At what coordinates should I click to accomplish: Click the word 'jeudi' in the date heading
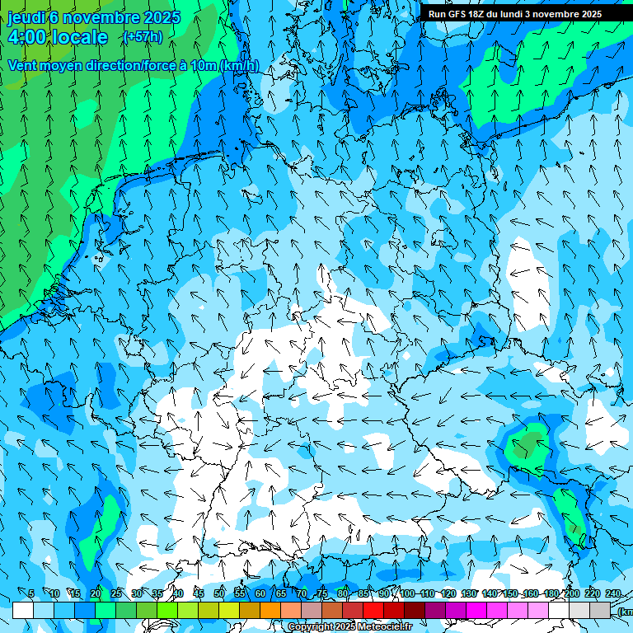[27, 17]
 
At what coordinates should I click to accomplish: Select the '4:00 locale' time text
[58, 37]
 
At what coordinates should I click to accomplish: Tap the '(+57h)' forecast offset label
[143, 37]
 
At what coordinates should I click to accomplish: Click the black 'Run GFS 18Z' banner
[515, 14]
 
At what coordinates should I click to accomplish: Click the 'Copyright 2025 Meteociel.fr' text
[349, 627]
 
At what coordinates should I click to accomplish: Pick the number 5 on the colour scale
[31, 593]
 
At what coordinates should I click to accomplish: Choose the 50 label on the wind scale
[218, 593]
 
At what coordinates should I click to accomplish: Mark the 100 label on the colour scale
[407, 593]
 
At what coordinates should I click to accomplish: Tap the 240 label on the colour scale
[613, 593]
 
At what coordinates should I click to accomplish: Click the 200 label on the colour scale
[571, 593]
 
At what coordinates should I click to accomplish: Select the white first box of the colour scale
[23, 610]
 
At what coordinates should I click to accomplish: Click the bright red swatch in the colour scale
[373, 610]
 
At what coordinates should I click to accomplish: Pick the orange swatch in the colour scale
[250, 610]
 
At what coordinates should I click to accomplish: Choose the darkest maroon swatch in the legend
[415, 610]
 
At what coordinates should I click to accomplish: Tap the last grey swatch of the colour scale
[600, 610]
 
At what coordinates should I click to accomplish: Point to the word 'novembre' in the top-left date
[101, 17]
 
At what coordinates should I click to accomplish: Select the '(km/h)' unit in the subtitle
[240, 66]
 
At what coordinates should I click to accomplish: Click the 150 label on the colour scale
[509, 593]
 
